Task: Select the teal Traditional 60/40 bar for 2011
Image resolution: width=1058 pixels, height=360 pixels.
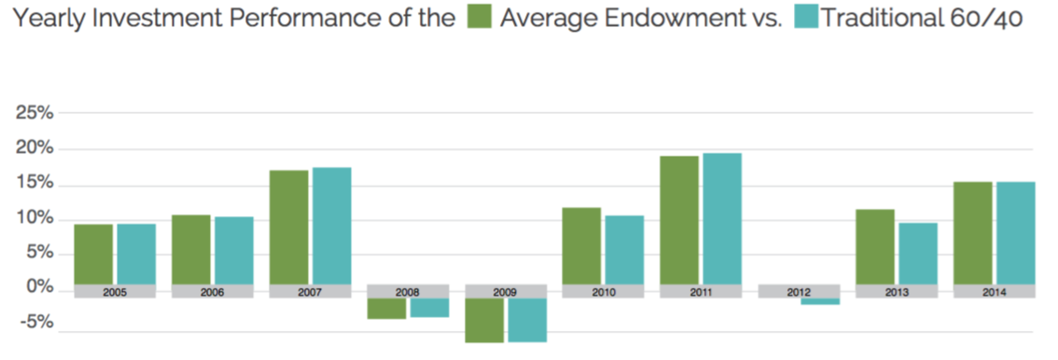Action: click(x=722, y=218)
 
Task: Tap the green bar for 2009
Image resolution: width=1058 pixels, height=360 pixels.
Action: click(x=484, y=320)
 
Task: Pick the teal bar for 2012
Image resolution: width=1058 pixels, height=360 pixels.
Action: click(x=820, y=301)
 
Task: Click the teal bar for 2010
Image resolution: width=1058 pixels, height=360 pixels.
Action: click(x=624, y=249)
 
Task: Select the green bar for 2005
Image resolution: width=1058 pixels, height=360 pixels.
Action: click(x=93, y=254)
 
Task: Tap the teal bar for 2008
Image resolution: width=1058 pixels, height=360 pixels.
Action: click(x=429, y=308)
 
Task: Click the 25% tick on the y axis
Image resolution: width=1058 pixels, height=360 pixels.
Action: click(x=34, y=114)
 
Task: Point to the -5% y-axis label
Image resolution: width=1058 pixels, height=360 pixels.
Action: click(x=35, y=323)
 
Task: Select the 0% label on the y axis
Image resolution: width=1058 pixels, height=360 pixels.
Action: click(x=39, y=288)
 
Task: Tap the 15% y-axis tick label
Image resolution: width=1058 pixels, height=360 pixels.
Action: click(x=34, y=184)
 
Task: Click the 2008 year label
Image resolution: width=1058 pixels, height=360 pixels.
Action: click(x=408, y=292)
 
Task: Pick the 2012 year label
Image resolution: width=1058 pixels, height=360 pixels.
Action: click(x=800, y=292)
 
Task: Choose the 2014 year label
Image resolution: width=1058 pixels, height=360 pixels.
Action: click(x=995, y=292)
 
